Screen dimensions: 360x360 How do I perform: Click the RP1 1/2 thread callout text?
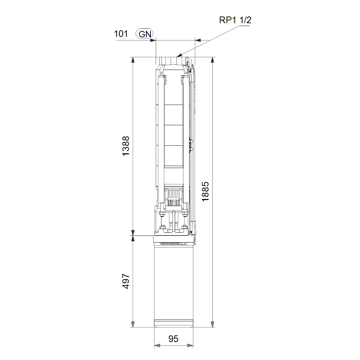pos(235,20)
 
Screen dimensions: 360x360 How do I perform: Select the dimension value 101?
pos(121,34)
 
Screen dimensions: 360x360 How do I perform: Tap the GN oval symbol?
pos(144,34)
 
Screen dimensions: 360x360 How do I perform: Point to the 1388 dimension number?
pos(126,146)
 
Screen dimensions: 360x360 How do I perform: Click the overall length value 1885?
pos(205,192)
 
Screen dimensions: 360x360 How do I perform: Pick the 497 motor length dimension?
pos(126,281)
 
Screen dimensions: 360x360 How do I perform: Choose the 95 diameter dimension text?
pos(173,339)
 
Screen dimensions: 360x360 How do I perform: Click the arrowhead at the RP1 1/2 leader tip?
pos(179,55)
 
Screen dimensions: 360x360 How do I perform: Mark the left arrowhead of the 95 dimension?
pos(157,345)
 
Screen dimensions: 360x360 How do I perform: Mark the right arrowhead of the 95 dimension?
pos(190,345)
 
